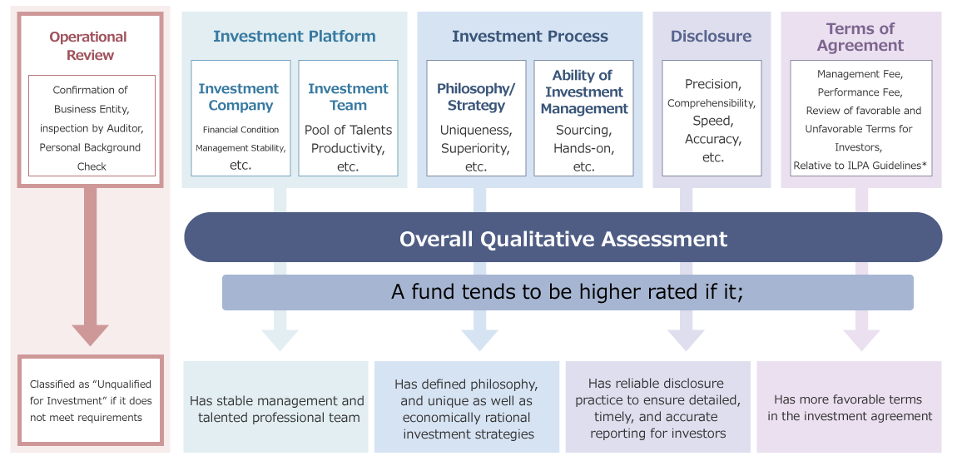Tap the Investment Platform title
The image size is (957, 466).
[295, 36]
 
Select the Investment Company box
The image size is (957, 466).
[240, 117]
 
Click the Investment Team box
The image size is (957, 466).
[348, 117]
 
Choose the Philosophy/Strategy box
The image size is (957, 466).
[476, 117]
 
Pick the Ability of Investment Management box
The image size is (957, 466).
[583, 117]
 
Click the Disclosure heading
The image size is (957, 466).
[711, 36]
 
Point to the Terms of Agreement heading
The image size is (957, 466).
[860, 37]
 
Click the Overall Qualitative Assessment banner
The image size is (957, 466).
[563, 237]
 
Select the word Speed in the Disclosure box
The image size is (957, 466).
[712, 120]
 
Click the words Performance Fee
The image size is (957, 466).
[860, 92]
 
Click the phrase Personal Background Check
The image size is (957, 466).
[91, 156]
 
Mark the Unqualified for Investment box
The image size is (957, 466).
[91, 400]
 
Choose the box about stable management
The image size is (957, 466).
[276, 407]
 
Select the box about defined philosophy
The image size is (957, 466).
[467, 407]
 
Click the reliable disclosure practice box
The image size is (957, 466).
[658, 407]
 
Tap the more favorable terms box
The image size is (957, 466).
[849, 407]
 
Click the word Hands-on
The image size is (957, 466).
[583, 148]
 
